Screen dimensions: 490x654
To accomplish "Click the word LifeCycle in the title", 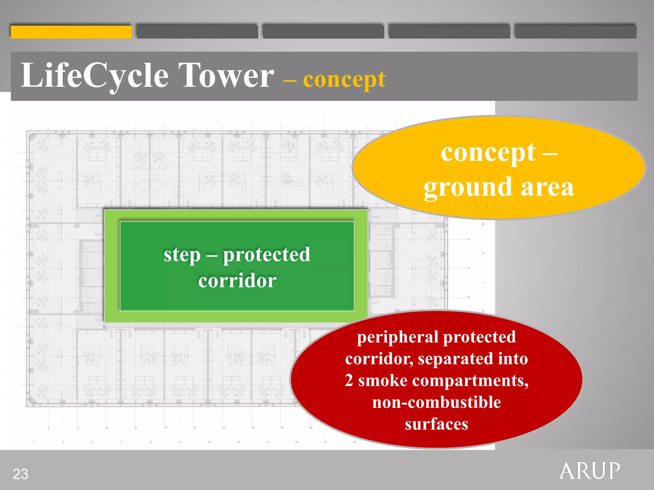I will coord(94,76).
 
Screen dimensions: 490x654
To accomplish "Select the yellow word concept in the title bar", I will coord(344,80).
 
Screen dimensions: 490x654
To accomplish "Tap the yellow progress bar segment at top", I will coord(71,32).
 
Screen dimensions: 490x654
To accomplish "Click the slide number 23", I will coord(20,474).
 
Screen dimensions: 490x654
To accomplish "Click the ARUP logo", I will coord(589,471).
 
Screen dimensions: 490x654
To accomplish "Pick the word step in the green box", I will coord(182,255).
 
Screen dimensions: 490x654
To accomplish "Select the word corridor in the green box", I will coord(237,281).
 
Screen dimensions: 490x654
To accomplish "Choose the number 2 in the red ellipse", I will coord(349,381).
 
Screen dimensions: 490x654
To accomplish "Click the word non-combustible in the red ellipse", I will coord(437,402).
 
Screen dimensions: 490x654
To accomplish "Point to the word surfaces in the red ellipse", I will coord(437,424).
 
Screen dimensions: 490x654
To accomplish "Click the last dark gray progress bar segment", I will coord(575,32).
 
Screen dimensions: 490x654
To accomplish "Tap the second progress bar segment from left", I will coord(197,32).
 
